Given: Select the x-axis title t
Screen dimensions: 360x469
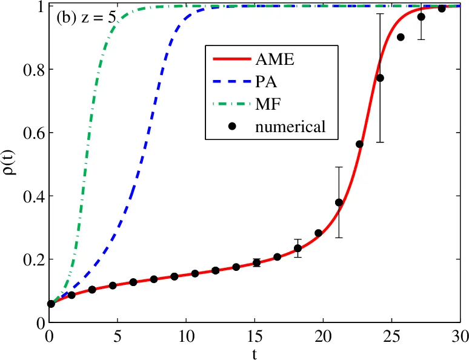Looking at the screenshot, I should pyautogui.click(x=254, y=354).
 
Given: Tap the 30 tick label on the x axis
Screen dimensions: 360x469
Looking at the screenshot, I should pyautogui.click(x=460, y=335).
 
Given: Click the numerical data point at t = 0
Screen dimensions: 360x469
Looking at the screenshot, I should pyautogui.click(x=51, y=304).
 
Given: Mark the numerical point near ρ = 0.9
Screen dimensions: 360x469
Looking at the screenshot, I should pyautogui.click(x=401, y=37).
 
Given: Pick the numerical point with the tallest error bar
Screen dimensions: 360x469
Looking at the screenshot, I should pyautogui.click(x=380, y=78).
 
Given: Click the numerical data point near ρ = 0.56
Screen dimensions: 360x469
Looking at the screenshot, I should pyautogui.click(x=359, y=144).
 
